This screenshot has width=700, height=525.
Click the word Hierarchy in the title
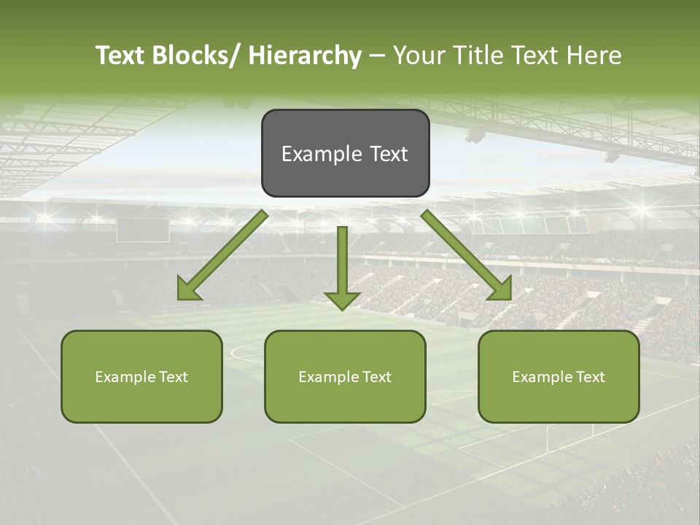304,55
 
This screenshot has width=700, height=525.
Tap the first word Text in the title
122,55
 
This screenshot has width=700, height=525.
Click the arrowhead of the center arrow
342,300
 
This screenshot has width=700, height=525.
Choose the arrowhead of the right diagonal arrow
499,289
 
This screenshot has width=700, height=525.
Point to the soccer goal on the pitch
568,435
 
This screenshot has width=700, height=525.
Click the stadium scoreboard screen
143,230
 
